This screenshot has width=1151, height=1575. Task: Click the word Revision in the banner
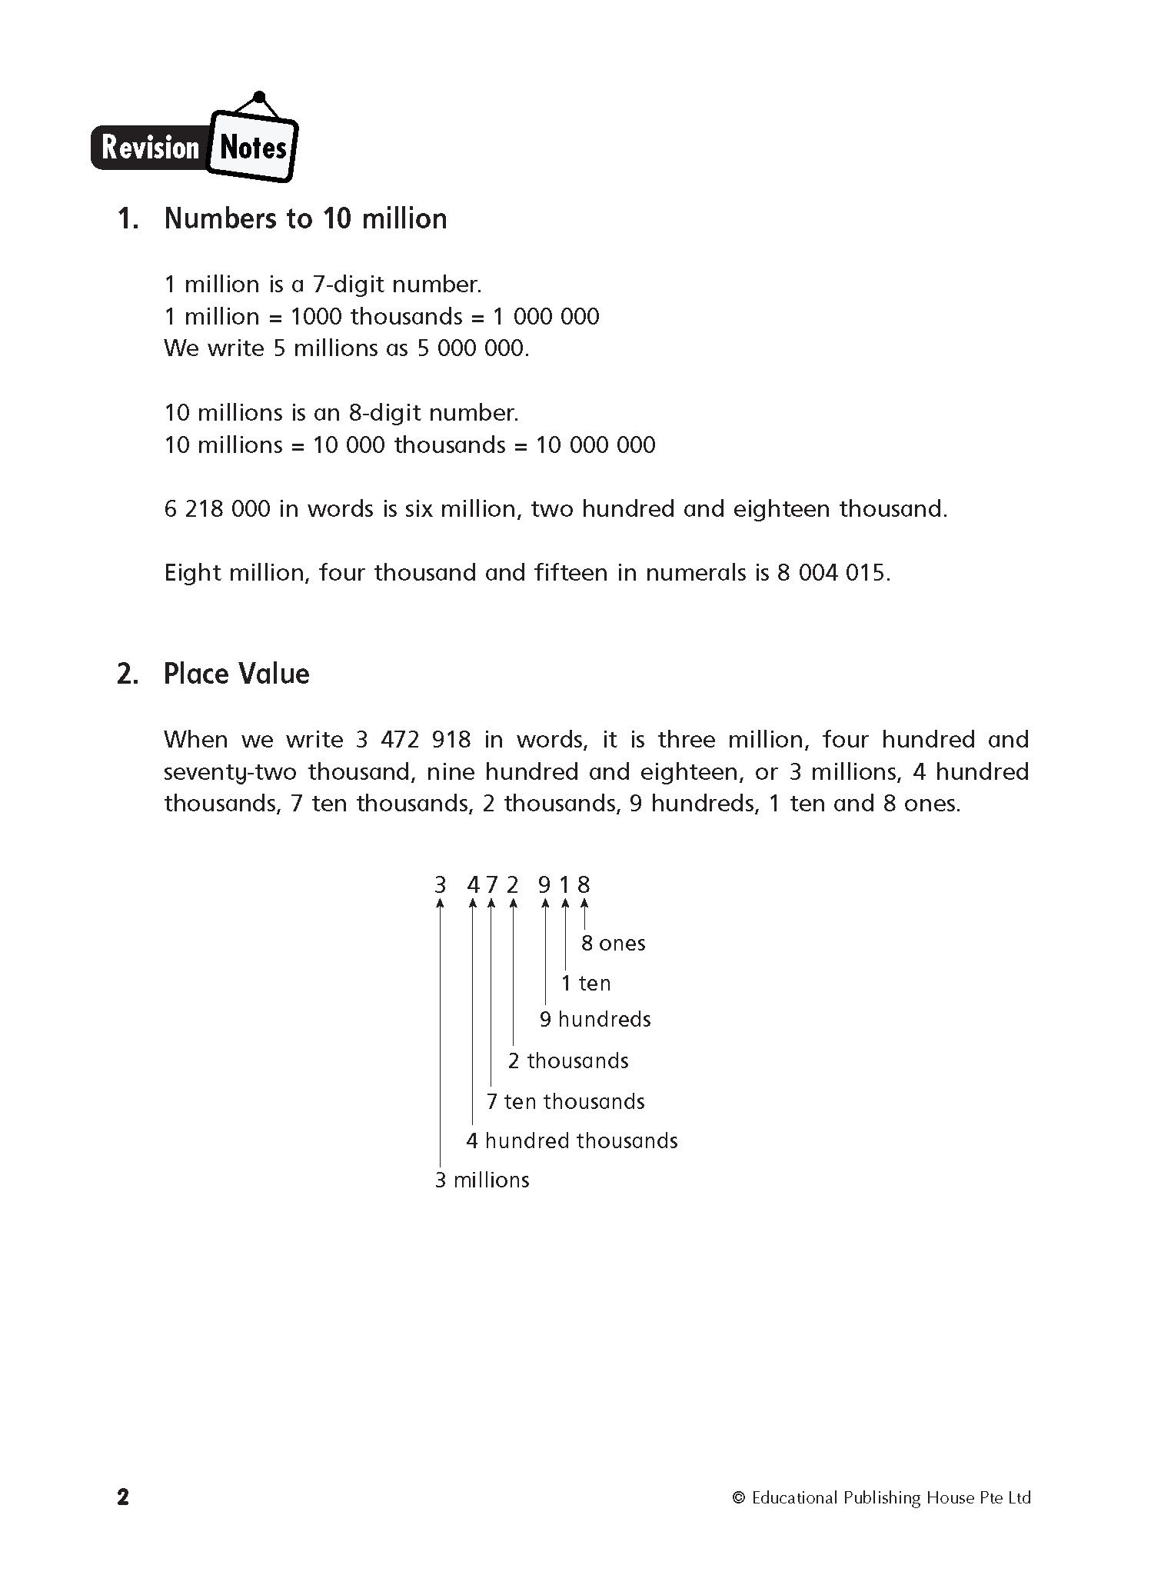click(x=150, y=147)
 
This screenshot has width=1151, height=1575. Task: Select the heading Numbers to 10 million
click(x=305, y=219)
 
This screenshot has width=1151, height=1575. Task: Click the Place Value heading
click(x=236, y=674)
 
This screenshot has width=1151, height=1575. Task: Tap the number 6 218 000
click(x=217, y=509)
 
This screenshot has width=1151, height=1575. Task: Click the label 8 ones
click(x=613, y=944)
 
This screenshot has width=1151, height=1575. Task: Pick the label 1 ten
click(x=586, y=984)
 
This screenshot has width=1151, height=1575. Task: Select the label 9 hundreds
click(x=595, y=1020)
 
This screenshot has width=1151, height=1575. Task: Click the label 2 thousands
click(x=568, y=1061)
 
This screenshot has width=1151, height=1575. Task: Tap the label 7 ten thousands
click(x=565, y=1102)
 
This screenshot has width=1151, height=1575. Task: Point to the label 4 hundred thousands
click(x=572, y=1141)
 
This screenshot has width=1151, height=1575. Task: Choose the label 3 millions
click(x=482, y=1180)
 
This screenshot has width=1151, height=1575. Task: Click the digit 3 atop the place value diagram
click(x=440, y=885)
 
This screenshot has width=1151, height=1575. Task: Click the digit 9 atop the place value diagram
click(x=544, y=885)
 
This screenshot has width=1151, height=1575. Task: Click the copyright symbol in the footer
click(x=739, y=1497)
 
